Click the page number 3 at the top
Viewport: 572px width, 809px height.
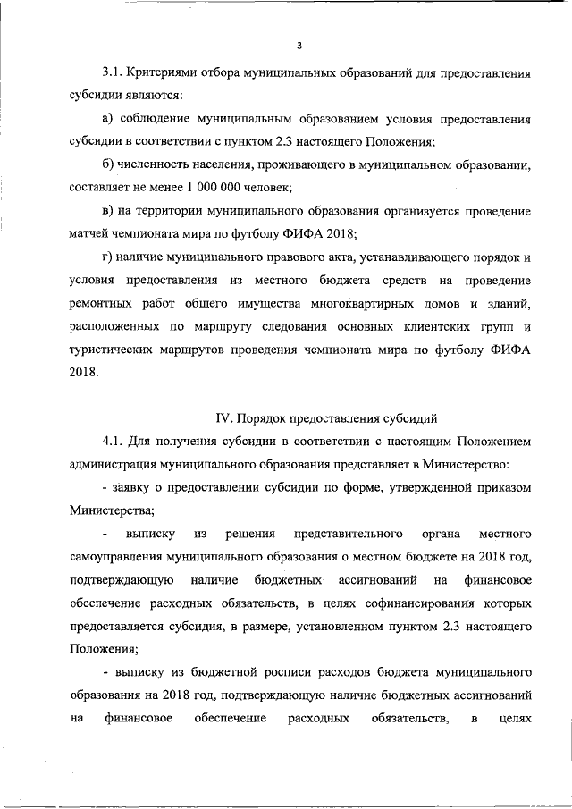click(x=301, y=45)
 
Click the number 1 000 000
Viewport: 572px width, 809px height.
click(x=217, y=188)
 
